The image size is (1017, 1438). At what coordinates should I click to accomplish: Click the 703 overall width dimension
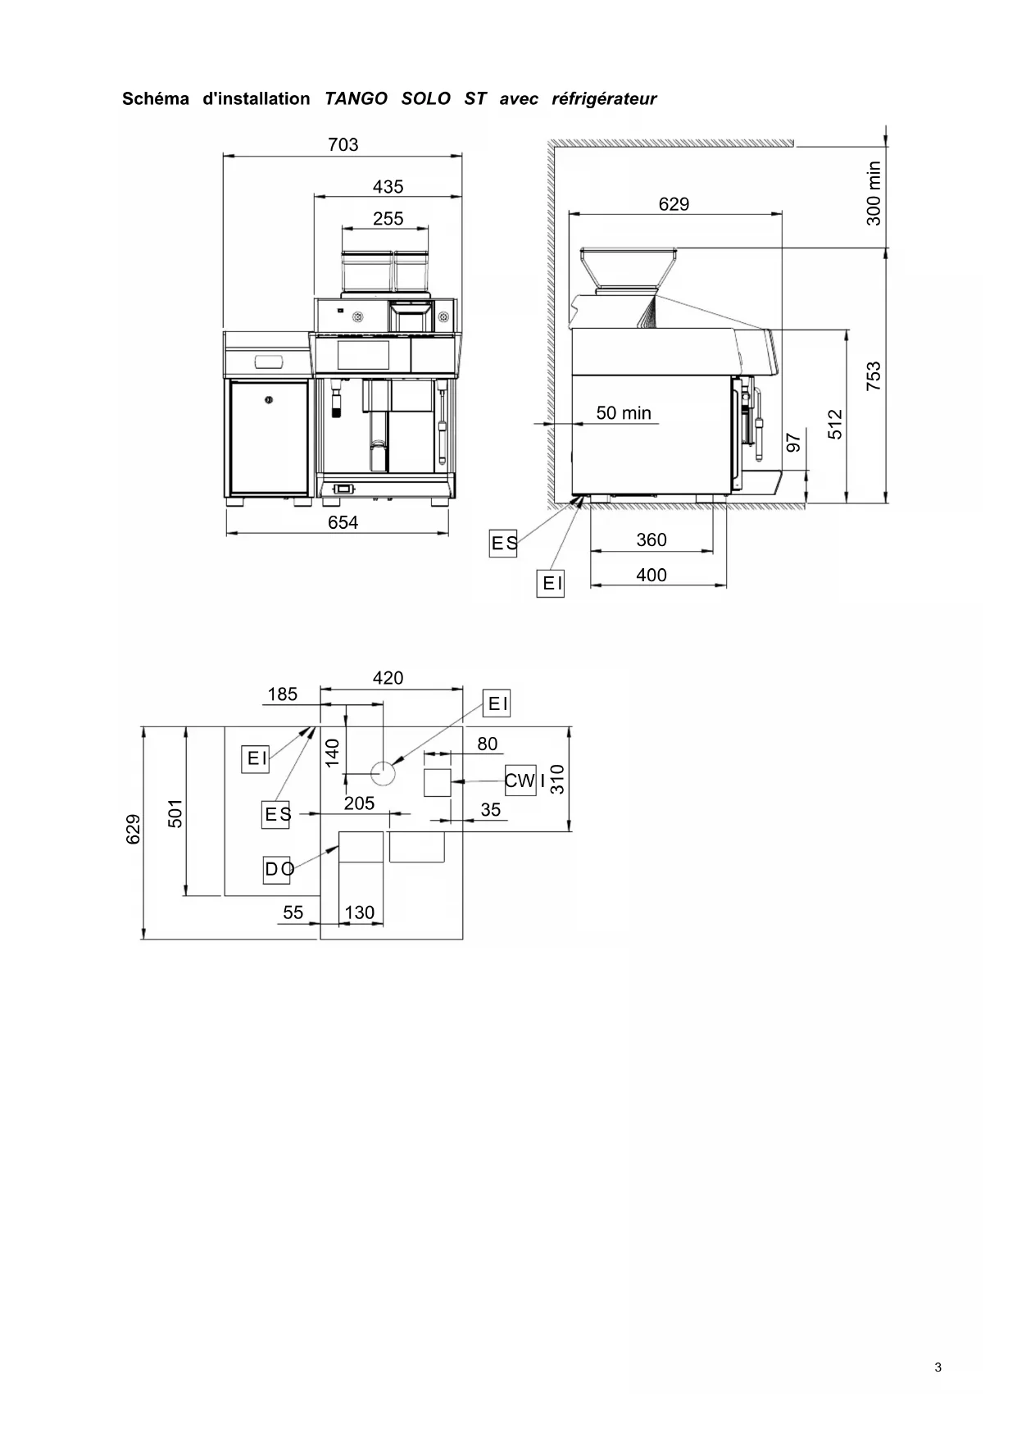(343, 145)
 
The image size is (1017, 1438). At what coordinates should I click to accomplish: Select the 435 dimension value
(388, 187)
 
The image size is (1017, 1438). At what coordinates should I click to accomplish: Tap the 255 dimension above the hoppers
(388, 219)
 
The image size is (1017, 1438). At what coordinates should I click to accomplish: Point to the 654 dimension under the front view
(343, 522)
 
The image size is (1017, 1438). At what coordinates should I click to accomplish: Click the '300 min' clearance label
(874, 193)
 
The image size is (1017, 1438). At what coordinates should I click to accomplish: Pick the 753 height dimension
(874, 375)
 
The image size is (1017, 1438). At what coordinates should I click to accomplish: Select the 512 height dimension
(834, 424)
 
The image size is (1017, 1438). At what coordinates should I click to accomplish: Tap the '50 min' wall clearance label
(624, 413)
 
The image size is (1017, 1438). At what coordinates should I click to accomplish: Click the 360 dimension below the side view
(652, 540)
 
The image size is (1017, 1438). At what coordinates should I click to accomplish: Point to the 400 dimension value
(652, 576)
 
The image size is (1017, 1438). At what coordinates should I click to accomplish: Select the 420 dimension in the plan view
(388, 678)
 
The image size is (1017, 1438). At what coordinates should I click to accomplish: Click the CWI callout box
(520, 780)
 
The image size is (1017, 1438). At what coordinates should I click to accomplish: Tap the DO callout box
(277, 869)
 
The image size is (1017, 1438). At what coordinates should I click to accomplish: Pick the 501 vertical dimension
(175, 813)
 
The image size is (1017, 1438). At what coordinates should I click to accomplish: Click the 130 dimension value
(359, 912)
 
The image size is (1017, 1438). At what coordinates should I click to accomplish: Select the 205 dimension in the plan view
(359, 803)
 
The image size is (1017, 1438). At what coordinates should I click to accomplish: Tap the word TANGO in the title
(356, 99)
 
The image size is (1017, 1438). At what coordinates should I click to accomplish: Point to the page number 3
(938, 1367)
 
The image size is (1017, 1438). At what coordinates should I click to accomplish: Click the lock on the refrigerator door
(267, 399)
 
